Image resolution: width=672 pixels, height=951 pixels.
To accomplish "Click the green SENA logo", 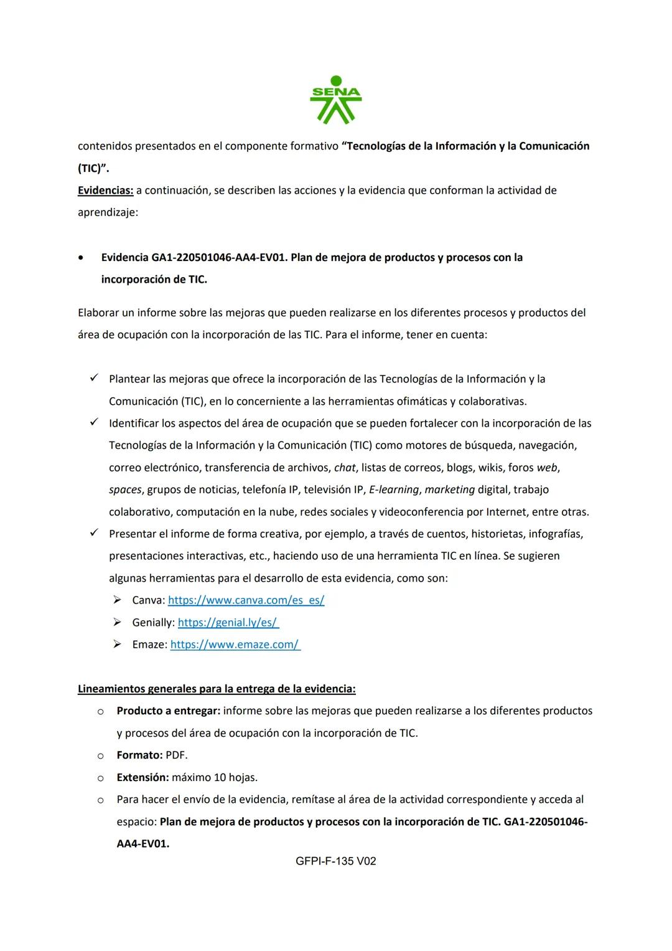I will point(336,100).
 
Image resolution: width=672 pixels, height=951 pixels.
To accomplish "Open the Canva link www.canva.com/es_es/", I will point(246,600).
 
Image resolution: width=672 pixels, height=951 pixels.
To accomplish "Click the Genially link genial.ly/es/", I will point(228,622).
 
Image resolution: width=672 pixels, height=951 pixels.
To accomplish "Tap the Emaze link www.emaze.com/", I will point(235,645).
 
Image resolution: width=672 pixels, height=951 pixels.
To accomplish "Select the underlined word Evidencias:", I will point(106,190).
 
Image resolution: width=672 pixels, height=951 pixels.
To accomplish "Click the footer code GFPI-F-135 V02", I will point(336,861).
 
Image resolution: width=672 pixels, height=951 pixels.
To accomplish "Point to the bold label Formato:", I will point(139,755).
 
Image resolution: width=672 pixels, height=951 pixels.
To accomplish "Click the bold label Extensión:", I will point(142,777).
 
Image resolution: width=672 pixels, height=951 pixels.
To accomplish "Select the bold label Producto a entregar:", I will point(168,711).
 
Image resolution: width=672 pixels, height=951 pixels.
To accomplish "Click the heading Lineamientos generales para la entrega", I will point(217,689).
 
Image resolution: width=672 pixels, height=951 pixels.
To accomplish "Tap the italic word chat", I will point(345,468).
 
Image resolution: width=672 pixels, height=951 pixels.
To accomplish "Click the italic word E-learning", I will point(394,490).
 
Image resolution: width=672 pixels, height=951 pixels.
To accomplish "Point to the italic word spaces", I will point(125,490).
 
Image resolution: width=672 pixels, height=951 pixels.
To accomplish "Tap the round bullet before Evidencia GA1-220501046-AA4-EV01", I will point(81,258).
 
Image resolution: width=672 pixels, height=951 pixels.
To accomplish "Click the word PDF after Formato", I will point(177,755).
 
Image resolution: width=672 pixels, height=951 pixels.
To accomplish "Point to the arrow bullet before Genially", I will point(117,622).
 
